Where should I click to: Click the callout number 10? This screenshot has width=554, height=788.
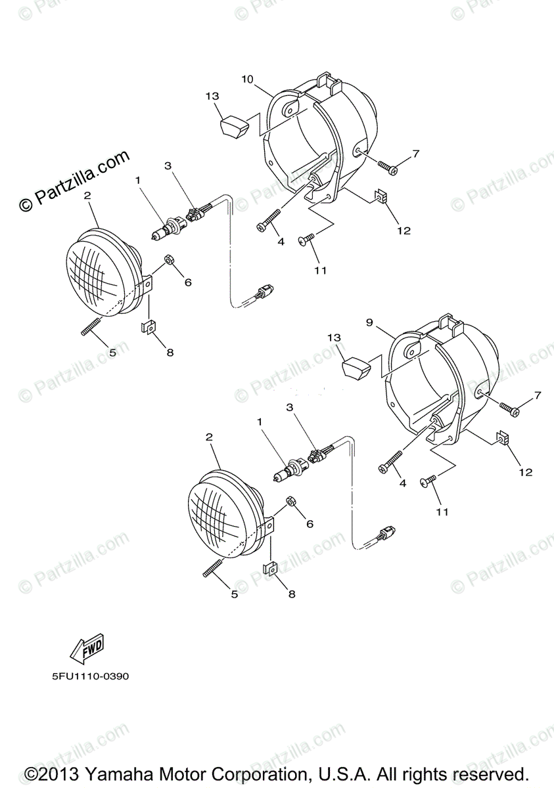coord(247,79)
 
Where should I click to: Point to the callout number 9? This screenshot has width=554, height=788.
coord(369,322)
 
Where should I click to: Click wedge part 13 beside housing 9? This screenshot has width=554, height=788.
coord(356,366)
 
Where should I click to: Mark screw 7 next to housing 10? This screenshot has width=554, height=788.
coord(387,167)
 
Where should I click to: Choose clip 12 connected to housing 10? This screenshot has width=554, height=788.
coord(380,196)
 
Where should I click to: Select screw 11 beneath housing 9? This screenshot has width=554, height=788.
coord(430,482)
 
